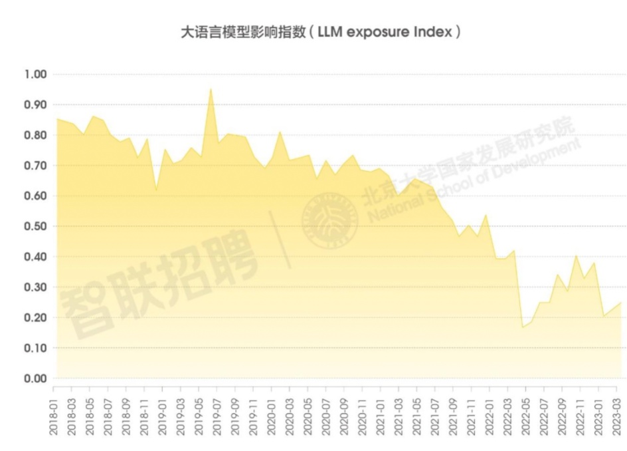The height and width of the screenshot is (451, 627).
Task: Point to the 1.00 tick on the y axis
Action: click(35, 74)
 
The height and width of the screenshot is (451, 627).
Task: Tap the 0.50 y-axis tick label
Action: click(35, 226)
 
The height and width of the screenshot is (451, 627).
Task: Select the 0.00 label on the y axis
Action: click(35, 378)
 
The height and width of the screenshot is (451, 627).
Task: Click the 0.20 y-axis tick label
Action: click(35, 317)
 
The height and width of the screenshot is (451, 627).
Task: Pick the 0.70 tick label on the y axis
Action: click(35, 166)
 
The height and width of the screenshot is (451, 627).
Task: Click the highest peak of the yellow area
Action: click(211, 89)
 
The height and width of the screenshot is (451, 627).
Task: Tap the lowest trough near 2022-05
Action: click(522, 327)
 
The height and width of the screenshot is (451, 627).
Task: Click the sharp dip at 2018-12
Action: click(156, 190)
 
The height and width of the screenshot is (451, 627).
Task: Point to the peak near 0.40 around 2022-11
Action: click(576, 256)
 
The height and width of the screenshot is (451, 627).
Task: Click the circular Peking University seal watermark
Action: click(330, 220)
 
